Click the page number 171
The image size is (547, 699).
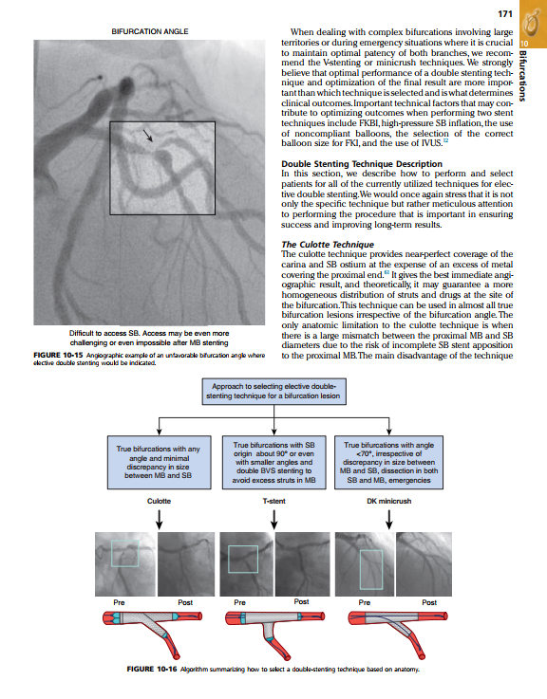[x=505, y=14]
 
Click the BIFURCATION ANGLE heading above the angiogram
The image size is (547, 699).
[x=150, y=31]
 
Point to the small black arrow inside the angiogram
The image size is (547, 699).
[x=148, y=136]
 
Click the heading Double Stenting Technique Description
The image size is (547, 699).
[x=362, y=163]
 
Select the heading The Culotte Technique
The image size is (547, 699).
[x=328, y=245]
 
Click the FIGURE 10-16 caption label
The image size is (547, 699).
[x=152, y=669]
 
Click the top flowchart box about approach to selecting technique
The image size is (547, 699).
[x=273, y=392]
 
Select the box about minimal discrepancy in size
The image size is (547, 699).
[x=159, y=462]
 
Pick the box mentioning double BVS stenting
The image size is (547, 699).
[x=273, y=462]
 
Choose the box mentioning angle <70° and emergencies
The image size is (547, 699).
[x=389, y=462]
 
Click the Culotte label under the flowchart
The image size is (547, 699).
[x=159, y=501]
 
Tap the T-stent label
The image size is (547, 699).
[x=273, y=501]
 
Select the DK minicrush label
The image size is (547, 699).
[x=389, y=501]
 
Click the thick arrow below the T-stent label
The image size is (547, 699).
[x=274, y=520]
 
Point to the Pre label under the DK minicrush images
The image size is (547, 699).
[x=365, y=602]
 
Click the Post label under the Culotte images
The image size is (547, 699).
[x=185, y=602]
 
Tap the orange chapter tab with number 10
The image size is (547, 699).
[x=533, y=24]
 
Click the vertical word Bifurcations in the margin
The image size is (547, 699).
[x=523, y=75]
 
